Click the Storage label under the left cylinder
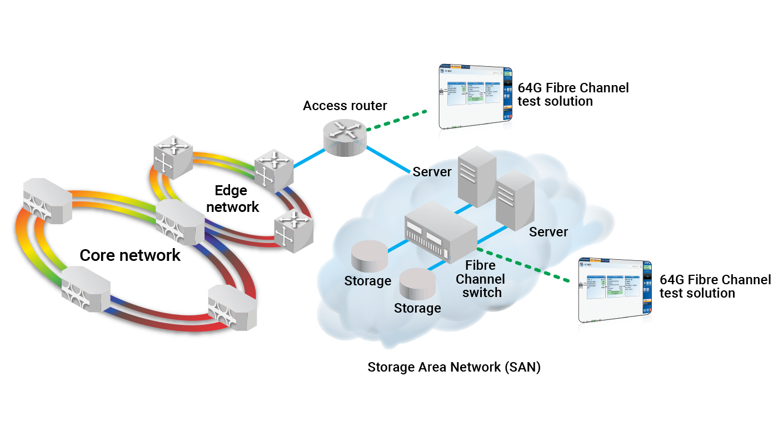point(367,281)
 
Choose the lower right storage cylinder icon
point(418,284)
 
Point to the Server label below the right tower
point(548,232)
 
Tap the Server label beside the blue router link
point(433,172)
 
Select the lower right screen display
point(614,290)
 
